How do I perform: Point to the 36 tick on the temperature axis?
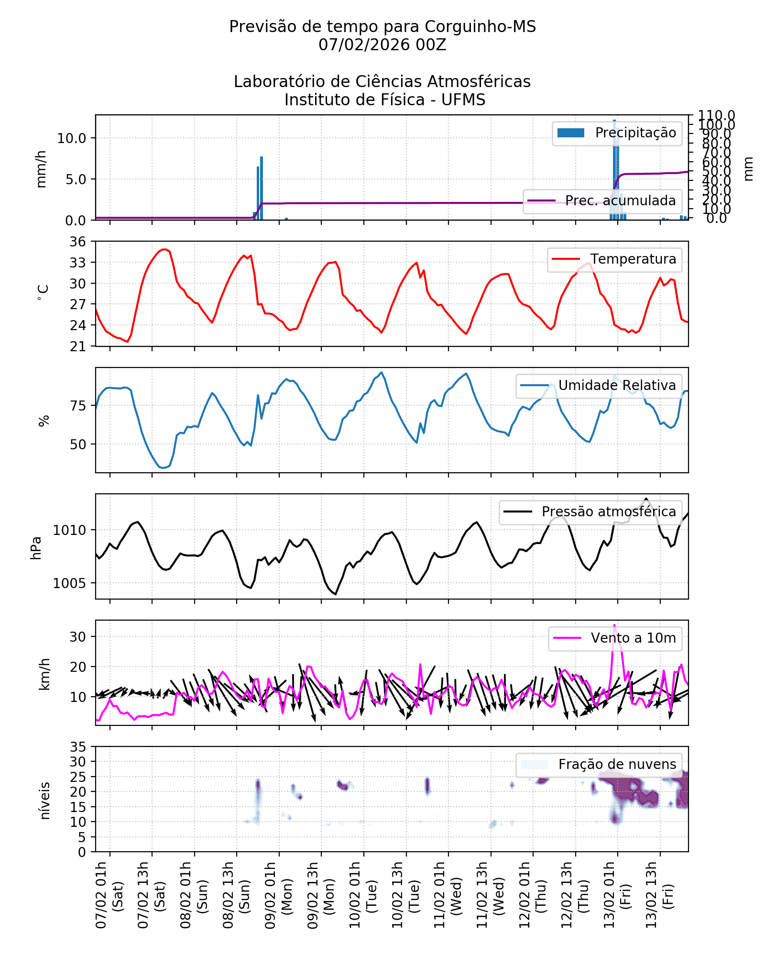[78, 242]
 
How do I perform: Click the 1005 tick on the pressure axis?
[69, 583]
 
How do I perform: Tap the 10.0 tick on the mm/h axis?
[72, 138]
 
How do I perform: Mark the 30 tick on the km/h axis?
[78, 637]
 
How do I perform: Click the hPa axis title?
[36, 548]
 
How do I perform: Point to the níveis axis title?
[45, 801]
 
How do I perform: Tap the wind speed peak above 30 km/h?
[614, 625]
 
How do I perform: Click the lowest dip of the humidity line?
[163, 467]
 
